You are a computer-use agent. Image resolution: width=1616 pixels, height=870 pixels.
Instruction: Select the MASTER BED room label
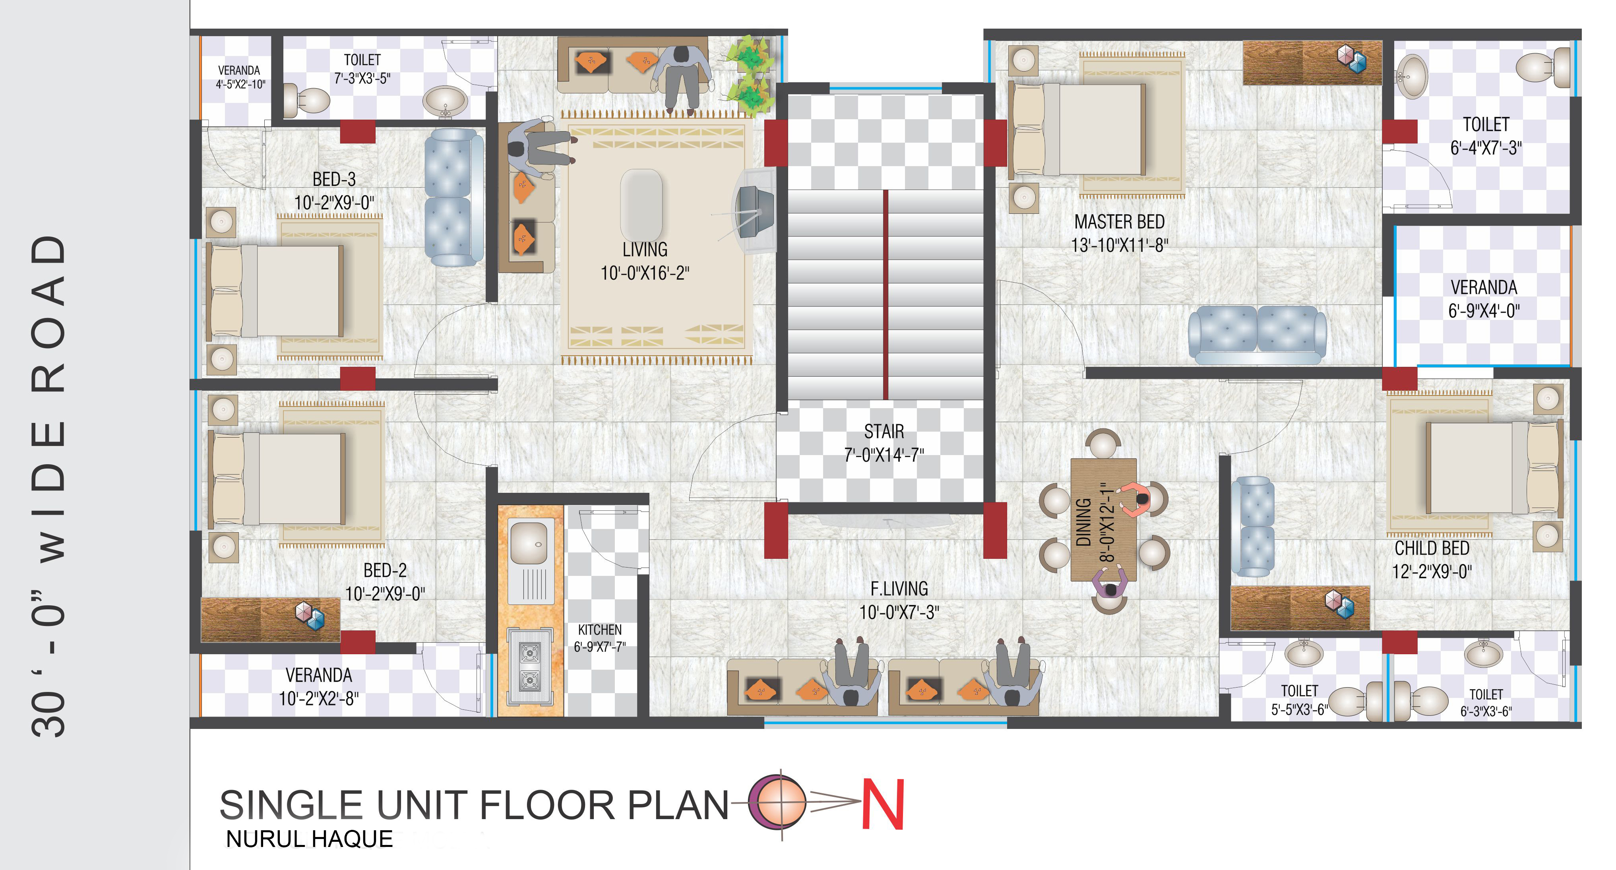[1119, 222]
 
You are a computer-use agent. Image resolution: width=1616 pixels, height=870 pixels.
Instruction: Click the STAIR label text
[884, 432]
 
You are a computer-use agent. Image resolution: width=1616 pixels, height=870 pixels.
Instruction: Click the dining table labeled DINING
[1103, 520]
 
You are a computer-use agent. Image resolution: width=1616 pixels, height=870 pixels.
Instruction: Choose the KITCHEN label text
[600, 630]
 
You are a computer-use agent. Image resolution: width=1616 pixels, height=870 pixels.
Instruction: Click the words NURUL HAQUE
[309, 839]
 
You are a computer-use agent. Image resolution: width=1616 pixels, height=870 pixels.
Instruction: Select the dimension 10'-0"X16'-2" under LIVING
[645, 273]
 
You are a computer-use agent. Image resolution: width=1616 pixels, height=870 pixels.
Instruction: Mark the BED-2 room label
[385, 570]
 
